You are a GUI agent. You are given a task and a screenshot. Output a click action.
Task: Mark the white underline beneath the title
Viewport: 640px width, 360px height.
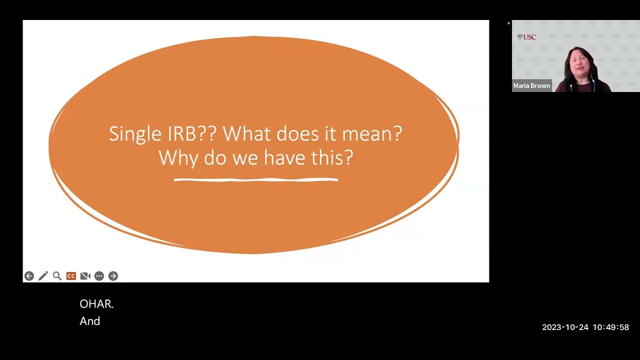coord(256,179)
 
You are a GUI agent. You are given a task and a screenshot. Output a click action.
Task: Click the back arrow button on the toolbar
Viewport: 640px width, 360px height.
coord(29,276)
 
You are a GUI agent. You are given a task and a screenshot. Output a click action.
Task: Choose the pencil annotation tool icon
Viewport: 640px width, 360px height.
coord(43,276)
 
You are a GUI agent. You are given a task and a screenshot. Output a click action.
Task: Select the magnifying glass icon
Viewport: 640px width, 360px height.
coord(57,276)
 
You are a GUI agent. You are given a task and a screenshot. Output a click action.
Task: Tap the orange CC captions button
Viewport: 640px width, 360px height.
coord(71,276)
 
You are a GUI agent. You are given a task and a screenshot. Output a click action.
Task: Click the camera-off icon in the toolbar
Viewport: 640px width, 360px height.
coord(85,276)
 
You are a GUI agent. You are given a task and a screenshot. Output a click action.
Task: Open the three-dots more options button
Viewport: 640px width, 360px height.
coord(99,276)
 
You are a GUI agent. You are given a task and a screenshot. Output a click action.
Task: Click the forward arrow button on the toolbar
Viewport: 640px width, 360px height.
coord(113,276)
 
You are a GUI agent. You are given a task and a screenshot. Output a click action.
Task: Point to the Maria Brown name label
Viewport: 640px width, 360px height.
coord(531,86)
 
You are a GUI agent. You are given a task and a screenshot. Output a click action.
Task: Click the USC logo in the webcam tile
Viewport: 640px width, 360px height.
coord(527,37)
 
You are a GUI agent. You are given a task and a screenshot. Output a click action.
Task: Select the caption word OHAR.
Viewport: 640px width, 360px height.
coord(96,304)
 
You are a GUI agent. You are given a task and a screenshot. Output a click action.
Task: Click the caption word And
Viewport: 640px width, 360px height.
coord(90,321)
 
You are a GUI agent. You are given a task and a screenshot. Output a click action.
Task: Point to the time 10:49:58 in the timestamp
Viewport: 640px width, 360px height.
coord(610,327)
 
